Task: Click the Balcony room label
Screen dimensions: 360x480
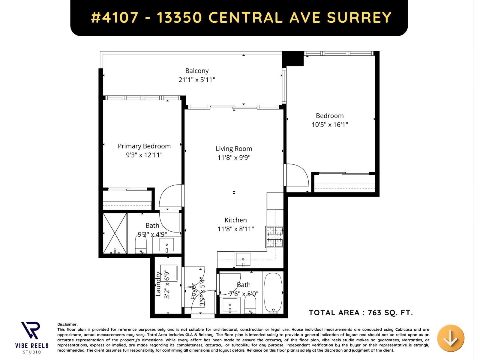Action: (x=197, y=71)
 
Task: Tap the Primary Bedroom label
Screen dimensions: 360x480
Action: (x=144, y=146)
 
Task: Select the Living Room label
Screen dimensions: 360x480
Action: (x=234, y=148)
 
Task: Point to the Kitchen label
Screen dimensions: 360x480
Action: (x=235, y=220)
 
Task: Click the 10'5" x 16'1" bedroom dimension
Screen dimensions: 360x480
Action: (x=330, y=125)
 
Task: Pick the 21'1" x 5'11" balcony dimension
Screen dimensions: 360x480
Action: (x=197, y=80)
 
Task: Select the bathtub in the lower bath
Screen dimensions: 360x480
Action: (x=273, y=292)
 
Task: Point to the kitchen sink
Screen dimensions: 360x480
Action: (x=243, y=259)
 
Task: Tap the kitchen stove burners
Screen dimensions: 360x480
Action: (x=274, y=236)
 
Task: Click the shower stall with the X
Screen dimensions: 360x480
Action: (x=115, y=233)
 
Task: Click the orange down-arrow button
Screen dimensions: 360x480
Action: (x=450, y=338)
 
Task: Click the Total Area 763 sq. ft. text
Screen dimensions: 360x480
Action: (x=361, y=313)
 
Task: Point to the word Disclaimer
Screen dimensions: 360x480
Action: (x=67, y=324)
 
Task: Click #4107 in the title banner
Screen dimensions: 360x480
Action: (x=115, y=17)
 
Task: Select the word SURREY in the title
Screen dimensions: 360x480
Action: (x=359, y=17)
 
